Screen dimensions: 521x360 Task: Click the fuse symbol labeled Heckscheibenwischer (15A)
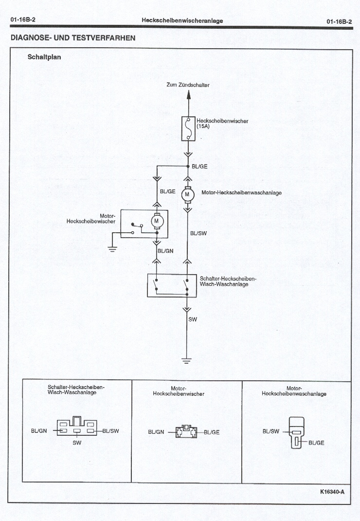[x=188, y=129]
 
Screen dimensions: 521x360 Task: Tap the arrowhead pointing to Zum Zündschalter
[x=188, y=95]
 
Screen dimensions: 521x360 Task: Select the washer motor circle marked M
[x=187, y=194]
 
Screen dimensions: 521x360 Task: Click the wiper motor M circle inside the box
[x=157, y=221]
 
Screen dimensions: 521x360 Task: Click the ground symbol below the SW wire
[x=187, y=361]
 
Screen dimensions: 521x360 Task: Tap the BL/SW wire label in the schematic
[x=198, y=233]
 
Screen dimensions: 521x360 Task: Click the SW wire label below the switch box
[x=193, y=319]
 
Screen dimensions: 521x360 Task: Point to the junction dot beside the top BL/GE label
[x=188, y=167]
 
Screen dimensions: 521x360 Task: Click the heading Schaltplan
[x=44, y=56]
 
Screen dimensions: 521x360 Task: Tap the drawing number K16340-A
[x=332, y=491]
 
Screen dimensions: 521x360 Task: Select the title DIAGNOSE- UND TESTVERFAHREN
[x=72, y=37]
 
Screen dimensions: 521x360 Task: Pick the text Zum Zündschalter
[x=188, y=85]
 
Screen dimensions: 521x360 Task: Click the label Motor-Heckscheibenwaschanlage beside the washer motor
[x=241, y=193]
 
